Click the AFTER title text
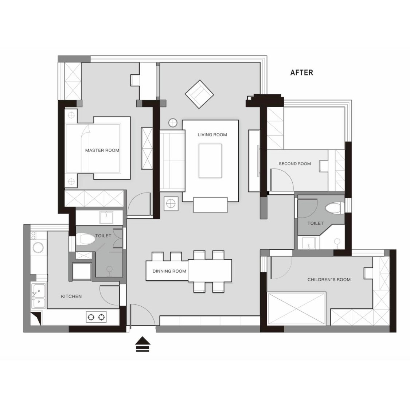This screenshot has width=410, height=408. (301, 73)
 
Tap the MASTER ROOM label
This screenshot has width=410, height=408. (102, 150)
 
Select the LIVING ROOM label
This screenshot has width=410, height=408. (212, 135)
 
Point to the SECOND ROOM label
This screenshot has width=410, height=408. (295, 164)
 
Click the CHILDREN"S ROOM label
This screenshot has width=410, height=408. (329, 280)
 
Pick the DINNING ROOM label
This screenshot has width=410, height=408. (169, 271)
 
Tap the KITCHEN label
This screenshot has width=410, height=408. (71, 296)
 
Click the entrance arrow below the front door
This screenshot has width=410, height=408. (143, 344)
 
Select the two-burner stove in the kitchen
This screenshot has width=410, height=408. (96, 317)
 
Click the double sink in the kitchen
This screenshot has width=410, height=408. (38, 296)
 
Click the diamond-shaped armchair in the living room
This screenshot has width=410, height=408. (199, 94)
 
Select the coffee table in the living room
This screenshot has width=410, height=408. (210, 161)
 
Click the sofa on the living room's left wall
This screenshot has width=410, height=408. (172, 161)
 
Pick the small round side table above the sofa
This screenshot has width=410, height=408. (173, 123)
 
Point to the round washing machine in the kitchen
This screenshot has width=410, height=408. (38, 248)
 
